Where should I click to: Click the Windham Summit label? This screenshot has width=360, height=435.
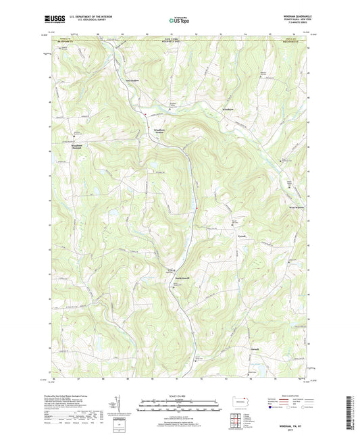[x=78, y=147]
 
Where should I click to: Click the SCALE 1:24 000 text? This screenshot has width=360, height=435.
[x=179, y=395]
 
